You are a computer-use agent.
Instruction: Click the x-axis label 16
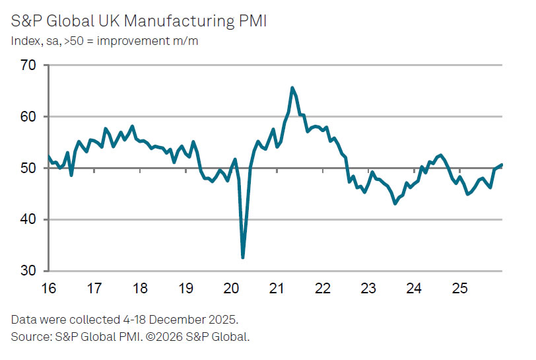[x=48, y=289]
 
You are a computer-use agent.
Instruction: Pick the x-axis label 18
[x=139, y=289]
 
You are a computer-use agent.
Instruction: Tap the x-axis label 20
[x=231, y=289]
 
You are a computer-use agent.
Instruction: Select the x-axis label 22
[x=322, y=289]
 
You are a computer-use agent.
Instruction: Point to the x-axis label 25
[x=459, y=289]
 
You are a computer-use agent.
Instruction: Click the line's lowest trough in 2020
[x=243, y=257]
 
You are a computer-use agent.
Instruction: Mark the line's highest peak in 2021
[x=292, y=88]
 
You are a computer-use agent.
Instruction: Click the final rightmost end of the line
[x=502, y=164]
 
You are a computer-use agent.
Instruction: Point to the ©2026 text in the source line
[x=168, y=337]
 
